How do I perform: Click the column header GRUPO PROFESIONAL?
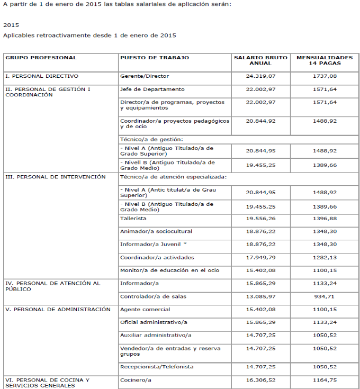[x=41, y=58]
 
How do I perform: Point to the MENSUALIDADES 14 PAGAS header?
[x=325, y=60]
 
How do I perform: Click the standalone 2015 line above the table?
[x=11, y=25]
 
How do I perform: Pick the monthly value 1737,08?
[x=325, y=76]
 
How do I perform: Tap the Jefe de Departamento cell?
[x=152, y=89]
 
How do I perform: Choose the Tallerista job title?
[x=133, y=218]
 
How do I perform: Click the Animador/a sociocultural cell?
[x=156, y=231]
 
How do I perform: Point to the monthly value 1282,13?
[x=325, y=258]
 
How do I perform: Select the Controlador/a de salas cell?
[x=154, y=296]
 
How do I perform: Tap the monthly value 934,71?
[x=325, y=296]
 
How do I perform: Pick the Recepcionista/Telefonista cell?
[x=157, y=367]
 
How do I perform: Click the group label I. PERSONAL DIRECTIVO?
[x=42, y=76]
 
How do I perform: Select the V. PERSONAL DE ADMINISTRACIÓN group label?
[x=58, y=309]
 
